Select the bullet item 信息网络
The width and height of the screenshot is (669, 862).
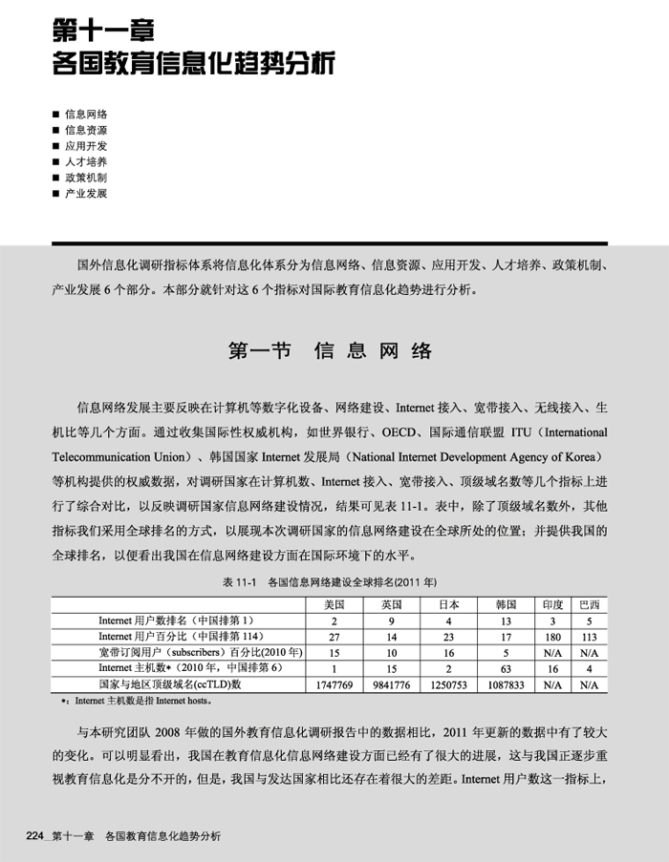86,114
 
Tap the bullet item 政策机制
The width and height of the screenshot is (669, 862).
86,178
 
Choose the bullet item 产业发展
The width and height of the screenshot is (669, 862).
86,193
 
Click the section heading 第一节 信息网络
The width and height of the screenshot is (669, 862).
331,350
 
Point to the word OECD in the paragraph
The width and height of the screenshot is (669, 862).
399,431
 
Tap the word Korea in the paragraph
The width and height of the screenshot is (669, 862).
580,456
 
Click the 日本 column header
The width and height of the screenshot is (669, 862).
448,604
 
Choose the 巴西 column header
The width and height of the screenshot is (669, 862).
590,604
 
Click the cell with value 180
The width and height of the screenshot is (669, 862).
552,636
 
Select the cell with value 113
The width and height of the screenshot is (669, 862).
590,636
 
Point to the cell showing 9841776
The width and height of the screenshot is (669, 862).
391,684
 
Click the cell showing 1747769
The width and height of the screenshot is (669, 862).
334,684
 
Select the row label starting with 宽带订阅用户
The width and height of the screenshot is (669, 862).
201,652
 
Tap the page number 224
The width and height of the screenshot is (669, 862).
37,837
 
